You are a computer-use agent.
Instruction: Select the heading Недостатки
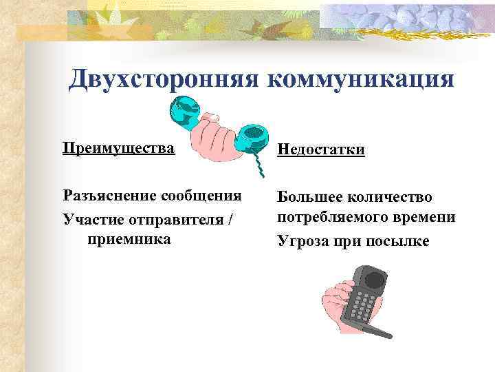point(321,149)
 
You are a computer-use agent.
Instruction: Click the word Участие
point(89,218)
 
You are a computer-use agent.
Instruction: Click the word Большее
point(308,196)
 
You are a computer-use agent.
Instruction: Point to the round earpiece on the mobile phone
point(373,279)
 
